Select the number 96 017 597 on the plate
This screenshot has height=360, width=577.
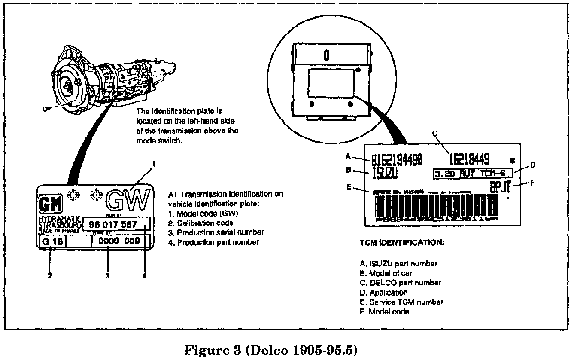(113, 224)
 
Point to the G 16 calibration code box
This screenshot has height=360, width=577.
(52, 241)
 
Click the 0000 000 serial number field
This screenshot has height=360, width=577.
(119, 241)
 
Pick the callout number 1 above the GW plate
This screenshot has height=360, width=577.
(153, 163)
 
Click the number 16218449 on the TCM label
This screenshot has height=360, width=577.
(469, 159)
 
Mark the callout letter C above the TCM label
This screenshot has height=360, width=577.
(434, 134)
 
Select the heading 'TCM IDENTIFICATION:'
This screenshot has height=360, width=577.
(402, 242)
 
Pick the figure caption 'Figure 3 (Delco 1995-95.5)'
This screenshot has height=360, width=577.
(270, 351)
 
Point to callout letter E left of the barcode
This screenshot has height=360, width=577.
(349, 187)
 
